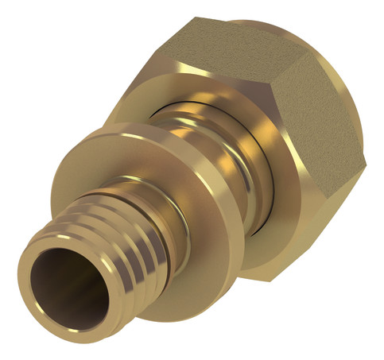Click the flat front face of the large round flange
click(239, 238)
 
